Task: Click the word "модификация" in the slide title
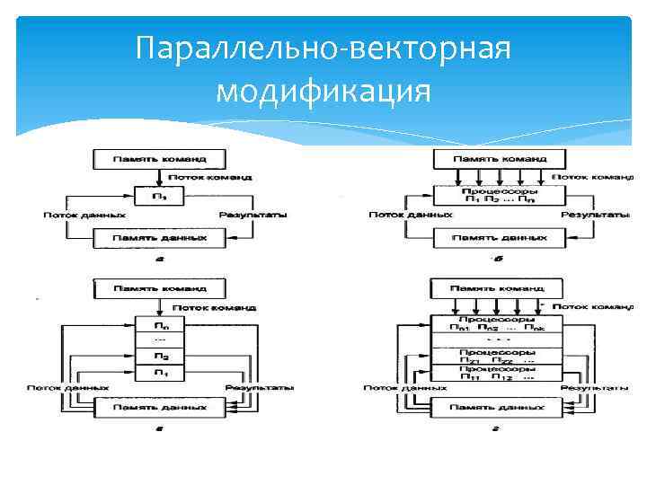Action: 323,91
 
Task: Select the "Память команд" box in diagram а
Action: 159,159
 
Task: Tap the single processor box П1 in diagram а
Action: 159,195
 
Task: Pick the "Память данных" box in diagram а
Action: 159,239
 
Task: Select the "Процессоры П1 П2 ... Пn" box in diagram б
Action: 500,195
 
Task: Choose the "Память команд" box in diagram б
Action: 500,159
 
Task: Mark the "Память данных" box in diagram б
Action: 500,239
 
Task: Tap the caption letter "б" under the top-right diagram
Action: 499,260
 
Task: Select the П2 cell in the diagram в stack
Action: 159,357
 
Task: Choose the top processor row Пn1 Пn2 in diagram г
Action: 497,324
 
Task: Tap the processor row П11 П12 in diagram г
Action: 497,373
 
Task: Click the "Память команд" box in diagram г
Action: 497,289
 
